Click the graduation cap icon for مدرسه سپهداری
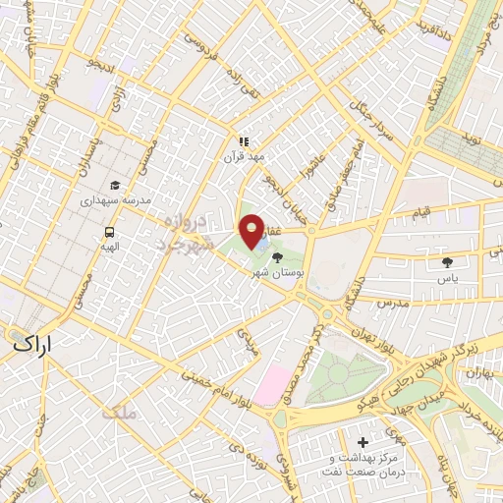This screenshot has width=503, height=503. pos(115,185)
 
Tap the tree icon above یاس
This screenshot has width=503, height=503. pos(449,262)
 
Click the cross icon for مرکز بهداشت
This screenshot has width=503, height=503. pos(364,443)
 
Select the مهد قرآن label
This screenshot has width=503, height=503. pos(243,158)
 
